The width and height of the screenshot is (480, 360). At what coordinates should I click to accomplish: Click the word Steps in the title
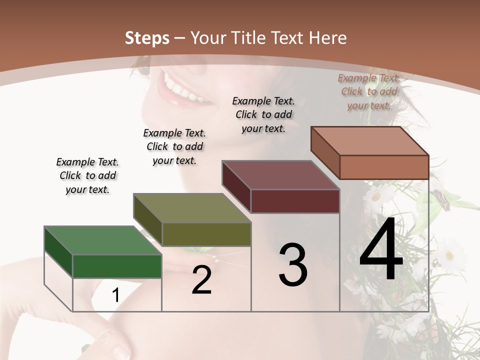pos(147,38)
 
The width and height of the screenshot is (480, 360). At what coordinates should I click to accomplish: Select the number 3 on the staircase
pos(292,265)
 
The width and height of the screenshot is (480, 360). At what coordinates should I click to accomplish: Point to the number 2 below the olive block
pos(202,280)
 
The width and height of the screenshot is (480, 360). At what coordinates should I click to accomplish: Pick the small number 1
pos(115,295)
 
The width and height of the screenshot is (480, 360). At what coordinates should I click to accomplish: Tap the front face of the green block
pos(117,266)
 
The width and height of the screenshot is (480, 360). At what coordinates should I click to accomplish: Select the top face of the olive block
pos(192,208)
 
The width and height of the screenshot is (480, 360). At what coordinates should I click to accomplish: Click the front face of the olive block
pos(206,234)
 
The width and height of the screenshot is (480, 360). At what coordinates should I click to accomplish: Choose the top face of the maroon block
pos(280,175)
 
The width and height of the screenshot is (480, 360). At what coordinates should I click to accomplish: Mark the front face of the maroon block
pos(295,201)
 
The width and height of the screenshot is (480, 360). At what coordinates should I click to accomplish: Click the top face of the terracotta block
pos(369,141)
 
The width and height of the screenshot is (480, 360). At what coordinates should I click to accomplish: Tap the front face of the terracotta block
pos(384,167)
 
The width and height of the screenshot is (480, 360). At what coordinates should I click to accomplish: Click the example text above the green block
pos(87,175)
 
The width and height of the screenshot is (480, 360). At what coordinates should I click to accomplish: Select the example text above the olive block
pos(174,146)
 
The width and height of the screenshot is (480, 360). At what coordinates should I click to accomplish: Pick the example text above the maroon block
pos(263,114)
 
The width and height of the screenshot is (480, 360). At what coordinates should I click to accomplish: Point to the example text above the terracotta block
pos(369,91)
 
